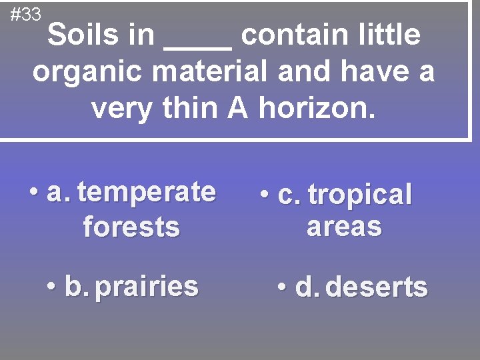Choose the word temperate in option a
147,193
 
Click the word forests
131,227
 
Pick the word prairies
147,287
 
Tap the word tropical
361,195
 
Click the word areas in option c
344,227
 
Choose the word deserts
377,287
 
